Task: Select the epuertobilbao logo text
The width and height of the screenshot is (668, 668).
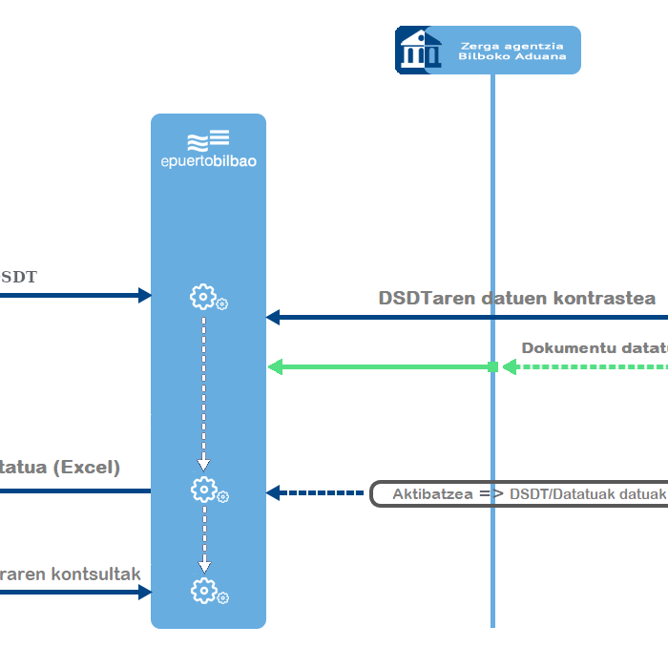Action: [208, 160]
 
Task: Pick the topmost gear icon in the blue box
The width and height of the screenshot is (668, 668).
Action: [203, 297]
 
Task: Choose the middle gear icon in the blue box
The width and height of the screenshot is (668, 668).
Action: [203, 490]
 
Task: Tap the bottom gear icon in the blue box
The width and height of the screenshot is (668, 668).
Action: [203, 591]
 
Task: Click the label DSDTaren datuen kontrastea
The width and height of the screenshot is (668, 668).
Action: [517, 298]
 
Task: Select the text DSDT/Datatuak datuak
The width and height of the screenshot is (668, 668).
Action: [587, 494]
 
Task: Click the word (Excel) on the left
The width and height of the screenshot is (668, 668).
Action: [86, 468]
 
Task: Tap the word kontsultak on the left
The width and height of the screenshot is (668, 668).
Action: [95, 574]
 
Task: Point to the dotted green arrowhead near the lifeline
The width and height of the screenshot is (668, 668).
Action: [510, 367]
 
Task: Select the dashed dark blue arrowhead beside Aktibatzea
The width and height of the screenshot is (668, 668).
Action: [273, 493]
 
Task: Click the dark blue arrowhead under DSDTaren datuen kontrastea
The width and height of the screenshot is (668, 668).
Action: [273, 317]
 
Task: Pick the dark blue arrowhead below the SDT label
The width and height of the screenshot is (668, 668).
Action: [145, 295]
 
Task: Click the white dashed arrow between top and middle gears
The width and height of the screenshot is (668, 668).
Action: [203, 391]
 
